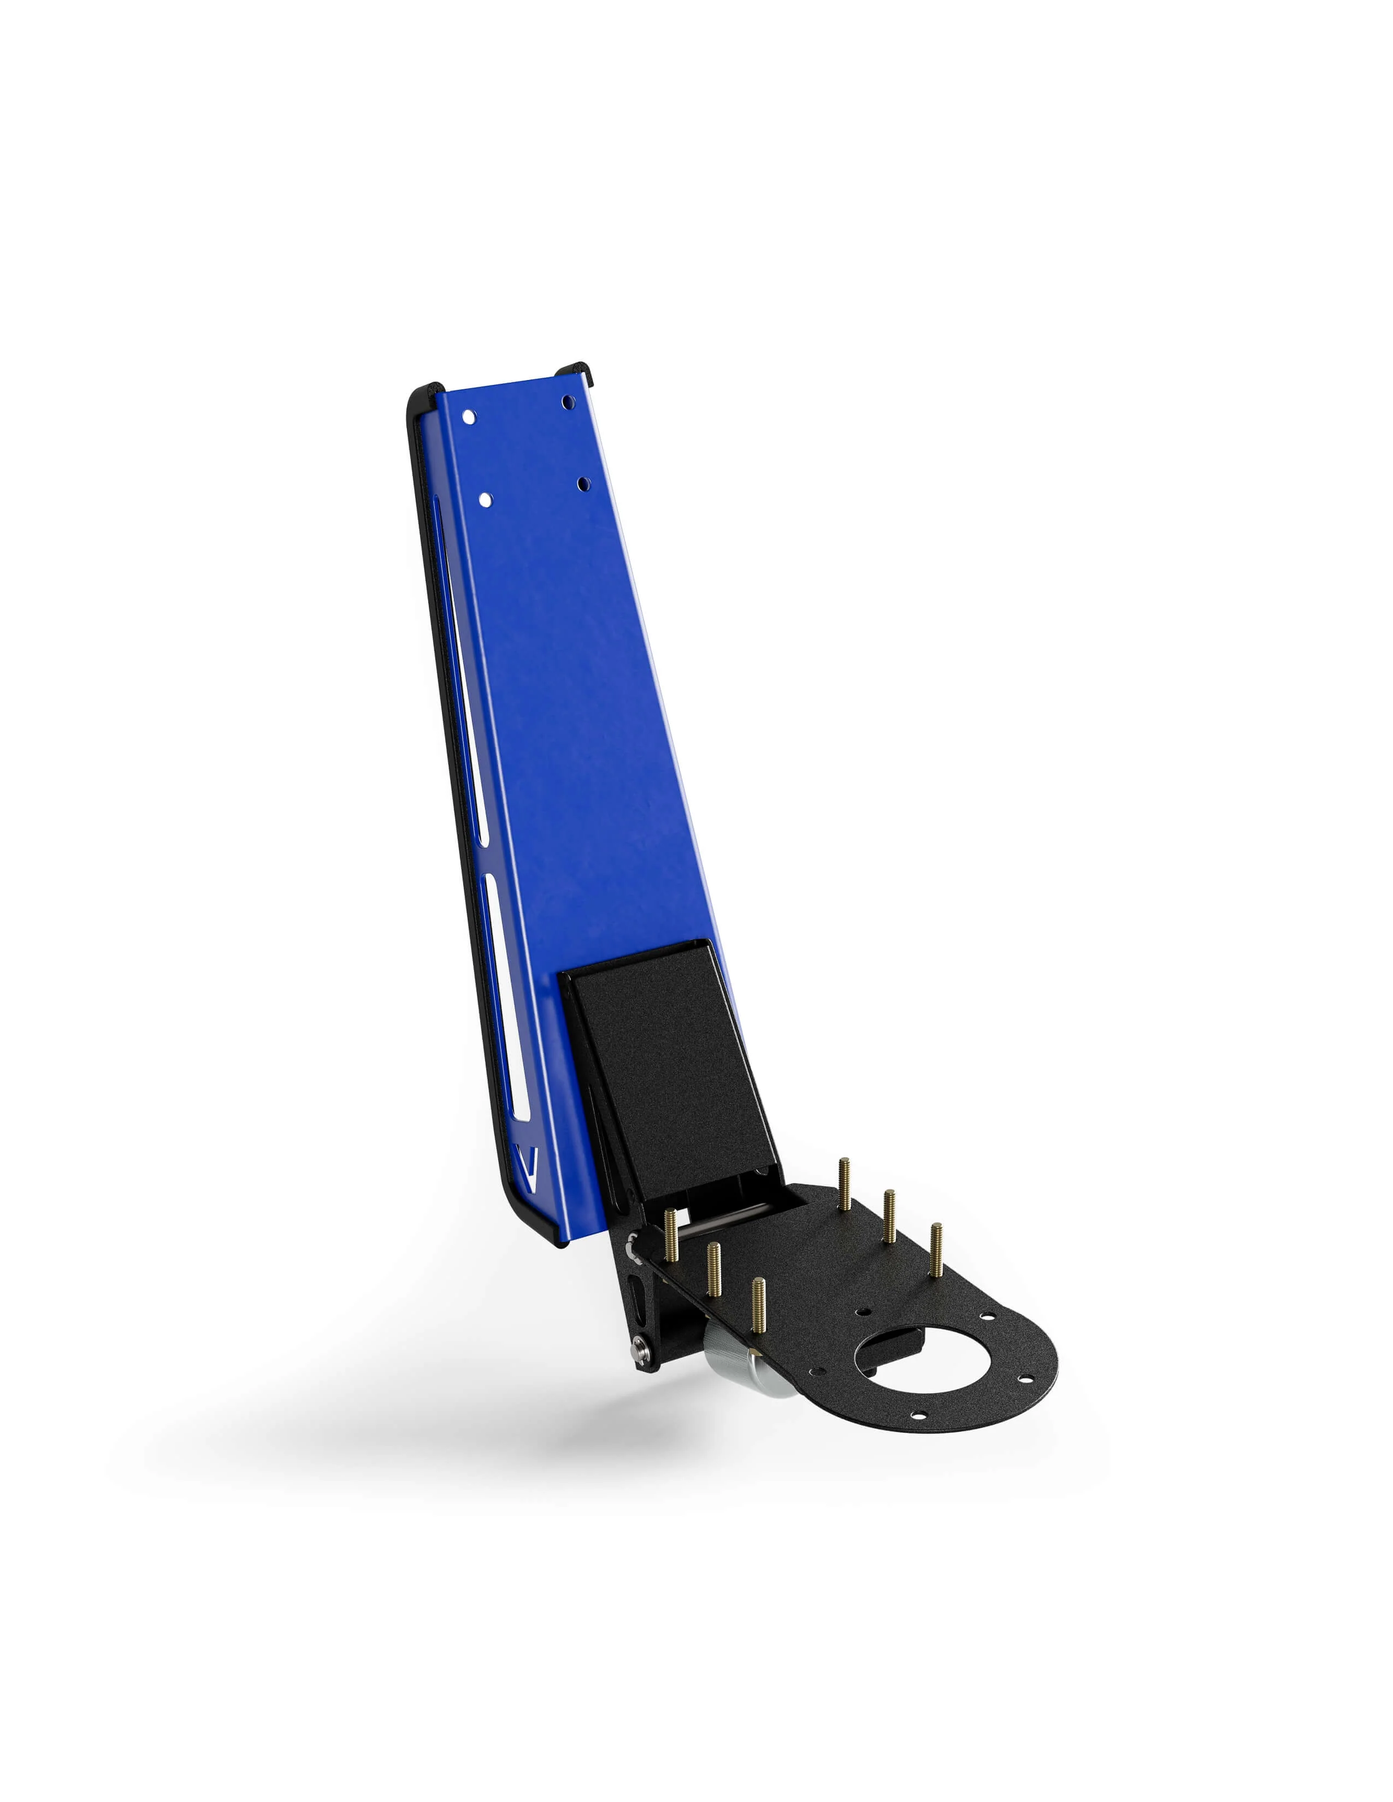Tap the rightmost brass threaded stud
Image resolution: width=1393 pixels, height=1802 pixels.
click(x=936, y=1250)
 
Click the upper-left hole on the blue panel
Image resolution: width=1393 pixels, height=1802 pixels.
click(x=469, y=417)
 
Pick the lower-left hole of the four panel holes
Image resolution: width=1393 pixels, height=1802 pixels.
click(x=485, y=499)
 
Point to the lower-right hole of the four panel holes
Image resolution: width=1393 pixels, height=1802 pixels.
click(x=583, y=483)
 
